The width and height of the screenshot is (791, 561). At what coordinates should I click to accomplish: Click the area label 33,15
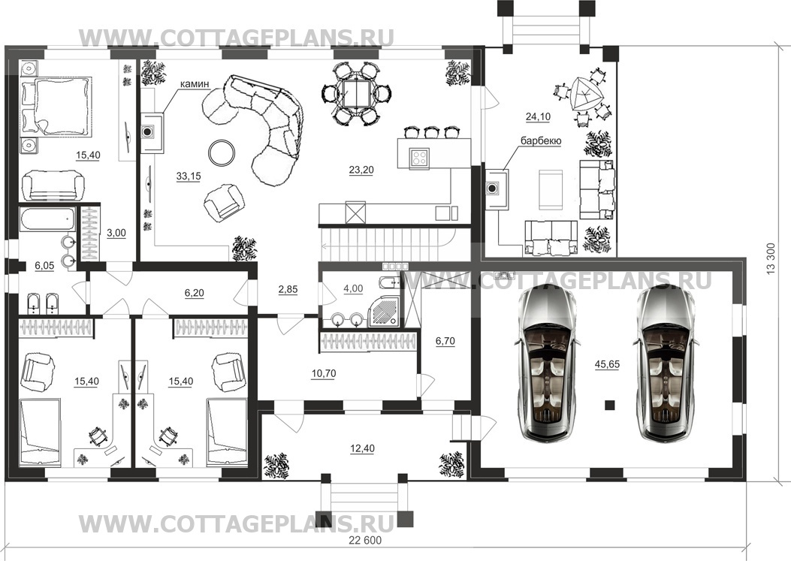click(x=188, y=176)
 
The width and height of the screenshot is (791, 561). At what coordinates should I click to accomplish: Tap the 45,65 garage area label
click(x=608, y=364)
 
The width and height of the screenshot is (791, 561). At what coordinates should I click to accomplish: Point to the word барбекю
click(x=542, y=141)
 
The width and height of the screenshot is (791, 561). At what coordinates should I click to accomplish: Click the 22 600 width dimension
click(x=365, y=541)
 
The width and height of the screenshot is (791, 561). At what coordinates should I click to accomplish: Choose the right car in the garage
click(x=666, y=363)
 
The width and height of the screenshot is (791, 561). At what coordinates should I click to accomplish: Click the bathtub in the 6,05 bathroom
click(x=48, y=219)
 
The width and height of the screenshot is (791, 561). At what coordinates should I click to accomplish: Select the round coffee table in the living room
click(x=222, y=152)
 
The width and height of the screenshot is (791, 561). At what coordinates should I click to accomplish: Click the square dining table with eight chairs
click(x=357, y=93)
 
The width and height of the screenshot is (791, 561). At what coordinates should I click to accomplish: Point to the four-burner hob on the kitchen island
click(x=419, y=158)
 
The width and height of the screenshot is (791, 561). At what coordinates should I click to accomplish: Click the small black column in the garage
click(x=610, y=404)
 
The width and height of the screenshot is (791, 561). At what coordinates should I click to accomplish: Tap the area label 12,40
click(x=362, y=448)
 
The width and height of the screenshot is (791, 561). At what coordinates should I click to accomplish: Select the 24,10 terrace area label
click(x=539, y=117)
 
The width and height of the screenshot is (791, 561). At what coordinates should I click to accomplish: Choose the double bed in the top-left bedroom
click(x=56, y=107)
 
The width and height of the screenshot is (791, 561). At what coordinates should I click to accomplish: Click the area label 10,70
click(x=323, y=374)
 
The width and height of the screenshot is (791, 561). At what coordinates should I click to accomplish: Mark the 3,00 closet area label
click(x=116, y=233)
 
